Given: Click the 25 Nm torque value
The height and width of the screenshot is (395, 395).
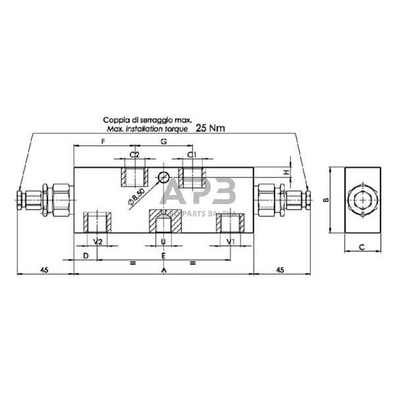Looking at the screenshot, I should tap(210, 129).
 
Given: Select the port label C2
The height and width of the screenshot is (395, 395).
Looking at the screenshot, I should tap(134, 154).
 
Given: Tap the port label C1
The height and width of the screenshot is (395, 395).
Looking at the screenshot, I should tap(192, 154).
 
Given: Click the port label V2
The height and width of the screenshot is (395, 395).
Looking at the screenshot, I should tap(97, 242).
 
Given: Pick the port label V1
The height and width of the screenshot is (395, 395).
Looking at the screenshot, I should tap(230, 242).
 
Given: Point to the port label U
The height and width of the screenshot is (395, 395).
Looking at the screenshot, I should tap(163, 242).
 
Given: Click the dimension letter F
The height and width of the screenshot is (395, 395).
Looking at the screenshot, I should tap(103, 142).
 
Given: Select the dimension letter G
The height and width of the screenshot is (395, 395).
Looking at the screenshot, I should tap(163, 142).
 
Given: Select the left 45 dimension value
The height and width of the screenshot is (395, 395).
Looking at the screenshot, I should tap(44, 269).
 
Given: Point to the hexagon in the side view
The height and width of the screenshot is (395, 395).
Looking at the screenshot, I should tap(363, 199).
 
